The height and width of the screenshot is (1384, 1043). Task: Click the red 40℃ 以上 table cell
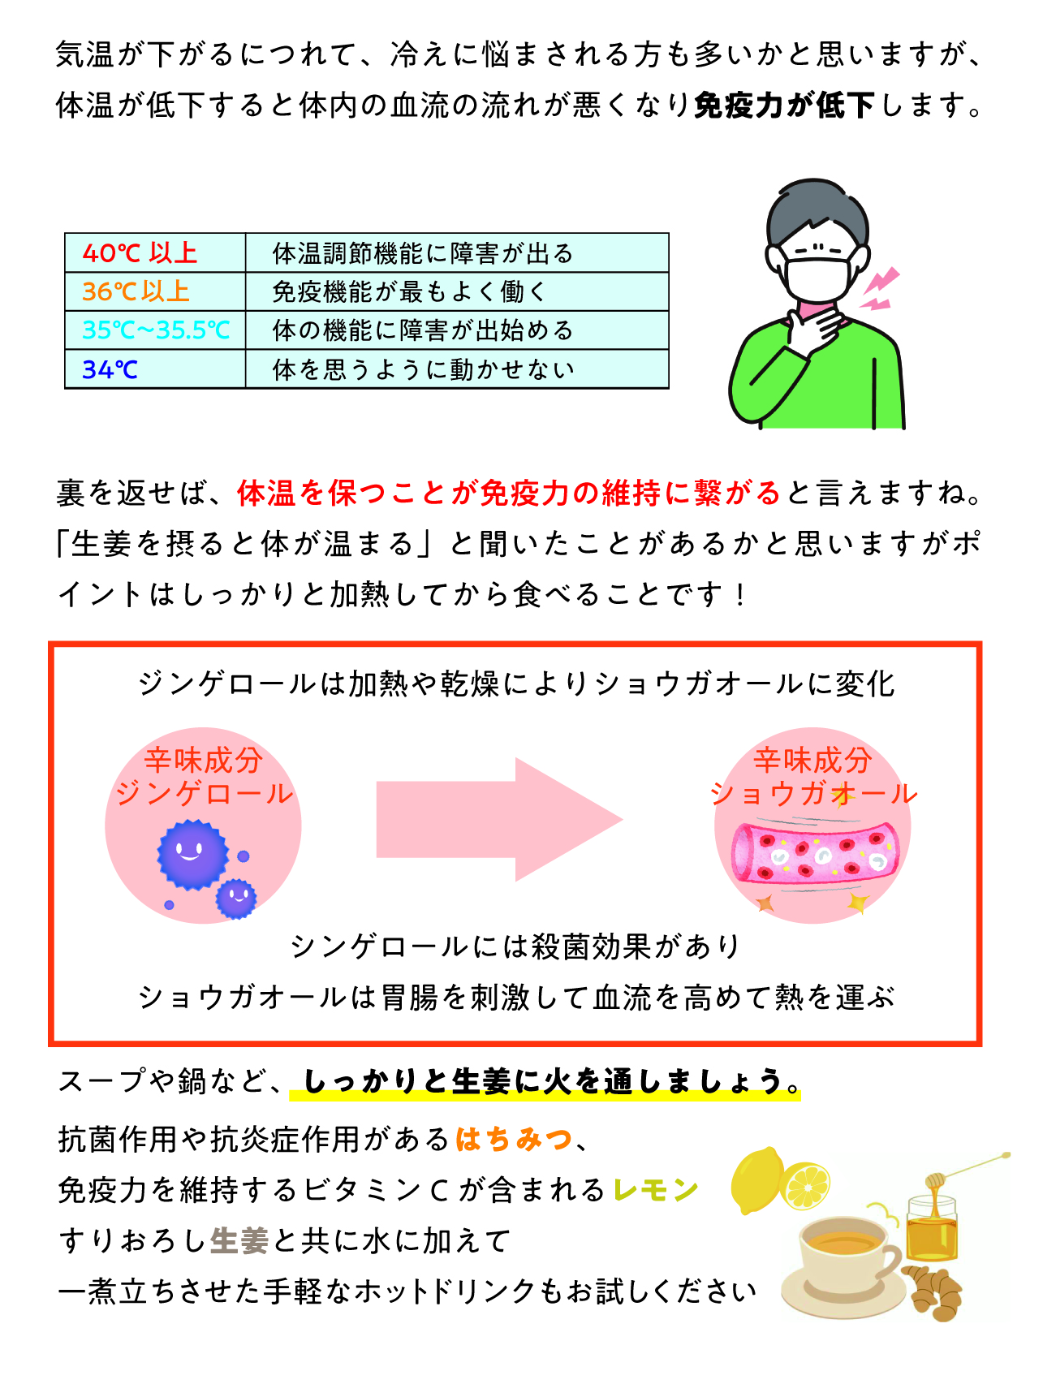(155, 252)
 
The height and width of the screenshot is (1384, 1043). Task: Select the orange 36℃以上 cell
(155, 291)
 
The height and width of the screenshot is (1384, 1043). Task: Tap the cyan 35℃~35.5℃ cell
(155, 330)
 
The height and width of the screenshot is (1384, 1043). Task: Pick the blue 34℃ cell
(155, 369)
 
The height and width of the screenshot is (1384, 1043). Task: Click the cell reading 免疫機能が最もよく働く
(457, 291)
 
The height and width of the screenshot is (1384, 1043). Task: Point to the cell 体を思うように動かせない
(457, 369)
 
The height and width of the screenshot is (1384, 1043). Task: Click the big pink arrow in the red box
(499, 819)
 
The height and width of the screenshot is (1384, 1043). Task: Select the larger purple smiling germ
(192, 854)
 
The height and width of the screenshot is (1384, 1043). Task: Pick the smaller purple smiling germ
(236, 899)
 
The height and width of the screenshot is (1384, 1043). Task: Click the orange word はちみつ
(515, 1140)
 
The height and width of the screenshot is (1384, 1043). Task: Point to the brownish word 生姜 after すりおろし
(239, 1240)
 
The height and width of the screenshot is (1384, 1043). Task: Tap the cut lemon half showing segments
(805, 1185)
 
